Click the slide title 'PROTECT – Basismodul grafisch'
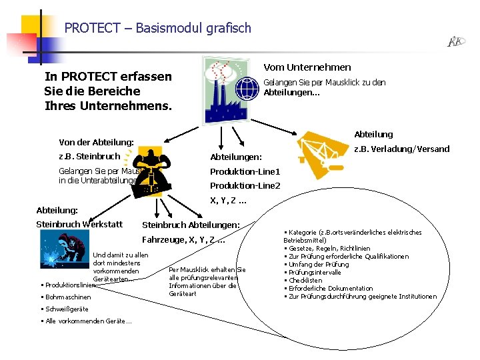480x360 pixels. click(158, 28)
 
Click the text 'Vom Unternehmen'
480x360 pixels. click(307, 67)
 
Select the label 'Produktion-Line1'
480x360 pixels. click(245, 171)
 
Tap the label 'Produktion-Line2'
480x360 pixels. click(245, 185)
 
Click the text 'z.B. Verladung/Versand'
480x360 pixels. click(401, 149)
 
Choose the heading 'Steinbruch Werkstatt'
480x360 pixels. click(79, 224)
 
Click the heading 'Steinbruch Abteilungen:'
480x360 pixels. click(191, 225)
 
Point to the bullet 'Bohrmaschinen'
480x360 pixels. click(67, 297)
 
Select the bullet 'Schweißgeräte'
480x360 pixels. click(66, 309)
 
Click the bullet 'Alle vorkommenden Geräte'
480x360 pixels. click(87, 321)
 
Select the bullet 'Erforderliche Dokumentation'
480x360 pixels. click(329, 289)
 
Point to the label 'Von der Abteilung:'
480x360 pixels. click(97, 143)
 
